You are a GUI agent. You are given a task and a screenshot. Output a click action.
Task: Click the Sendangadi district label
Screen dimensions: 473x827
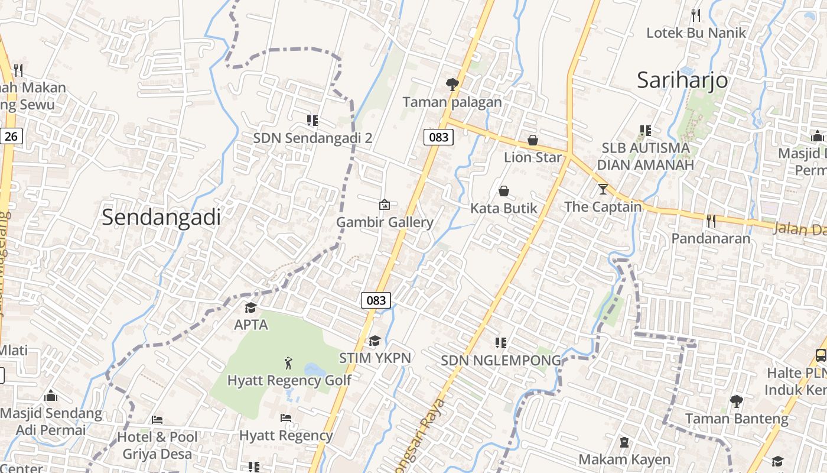point(161,217)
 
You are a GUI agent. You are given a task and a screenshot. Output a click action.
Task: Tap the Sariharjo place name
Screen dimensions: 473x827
point(682,80)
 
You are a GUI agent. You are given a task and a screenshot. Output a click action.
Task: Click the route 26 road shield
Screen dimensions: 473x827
point(11,137)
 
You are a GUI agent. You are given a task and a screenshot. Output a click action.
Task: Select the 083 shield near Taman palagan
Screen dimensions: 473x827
point(438,137)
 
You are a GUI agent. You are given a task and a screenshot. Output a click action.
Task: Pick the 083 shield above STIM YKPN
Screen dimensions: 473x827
point(376,300)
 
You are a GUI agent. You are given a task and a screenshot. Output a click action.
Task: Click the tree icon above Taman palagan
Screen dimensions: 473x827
point(452,84)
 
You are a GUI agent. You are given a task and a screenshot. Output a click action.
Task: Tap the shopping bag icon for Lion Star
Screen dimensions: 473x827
point(533,140)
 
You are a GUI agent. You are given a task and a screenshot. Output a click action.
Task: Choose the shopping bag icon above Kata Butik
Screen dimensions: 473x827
point(504,190)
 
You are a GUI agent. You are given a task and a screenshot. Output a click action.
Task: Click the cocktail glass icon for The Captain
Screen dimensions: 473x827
point(603,189)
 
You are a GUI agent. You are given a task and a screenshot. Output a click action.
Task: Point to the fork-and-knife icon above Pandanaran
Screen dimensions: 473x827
point(711,221)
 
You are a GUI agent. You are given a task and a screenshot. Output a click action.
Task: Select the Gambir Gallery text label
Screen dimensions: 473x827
point(385,222)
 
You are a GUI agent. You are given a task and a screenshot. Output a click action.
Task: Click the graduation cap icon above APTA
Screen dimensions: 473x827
point(251,307)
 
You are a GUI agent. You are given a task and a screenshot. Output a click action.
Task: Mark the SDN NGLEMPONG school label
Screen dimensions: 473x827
point(501,360)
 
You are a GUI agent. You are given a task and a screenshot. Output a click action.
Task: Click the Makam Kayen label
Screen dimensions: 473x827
point(624,459)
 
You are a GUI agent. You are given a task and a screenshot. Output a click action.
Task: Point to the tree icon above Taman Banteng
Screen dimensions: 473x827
point(736,401)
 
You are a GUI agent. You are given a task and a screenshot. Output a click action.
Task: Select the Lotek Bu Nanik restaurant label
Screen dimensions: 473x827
point(696,33)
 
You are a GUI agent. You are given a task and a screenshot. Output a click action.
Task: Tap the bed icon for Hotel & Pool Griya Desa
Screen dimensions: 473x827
point(157,419)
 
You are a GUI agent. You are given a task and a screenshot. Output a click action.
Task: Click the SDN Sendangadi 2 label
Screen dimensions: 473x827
point(312,138)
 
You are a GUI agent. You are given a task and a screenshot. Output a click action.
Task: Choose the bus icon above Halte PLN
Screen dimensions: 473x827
point(821,355)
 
